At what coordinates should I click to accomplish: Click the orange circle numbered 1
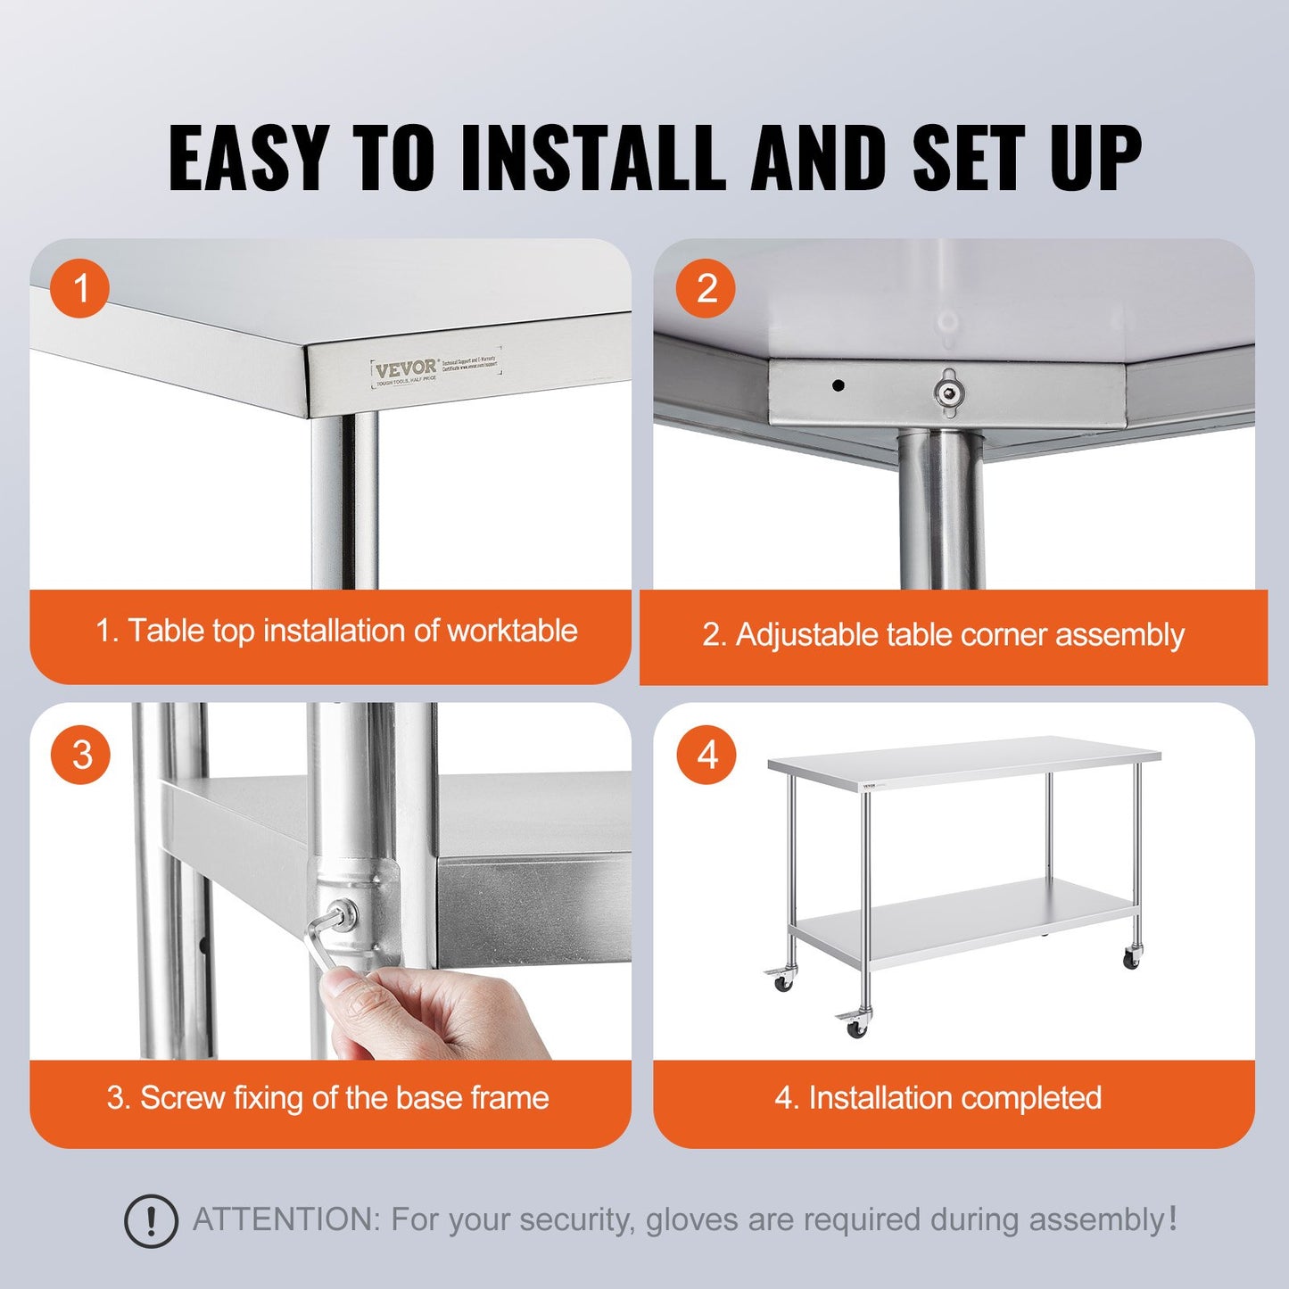coord(80,288)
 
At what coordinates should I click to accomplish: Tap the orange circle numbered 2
coord(706,288)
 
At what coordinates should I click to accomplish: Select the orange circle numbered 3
coord(81,755)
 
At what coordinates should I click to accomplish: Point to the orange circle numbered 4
coord(706,755)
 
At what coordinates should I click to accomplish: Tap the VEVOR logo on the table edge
coord(406,368)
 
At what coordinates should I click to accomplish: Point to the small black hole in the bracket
coord(838,385)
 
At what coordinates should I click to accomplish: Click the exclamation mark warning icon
coord(151,1220)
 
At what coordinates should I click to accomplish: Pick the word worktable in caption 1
coord(512,631)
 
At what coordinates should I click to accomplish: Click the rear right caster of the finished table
coord(1131,959)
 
